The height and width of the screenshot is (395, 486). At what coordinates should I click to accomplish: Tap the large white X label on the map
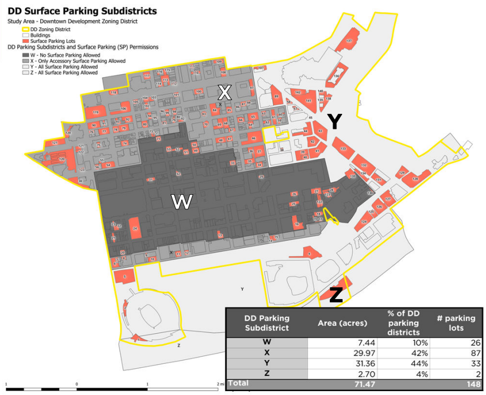click(224, 92)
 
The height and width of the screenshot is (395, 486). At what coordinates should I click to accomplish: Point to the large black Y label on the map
click(334, 121)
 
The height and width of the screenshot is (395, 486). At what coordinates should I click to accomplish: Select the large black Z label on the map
click(335, 295)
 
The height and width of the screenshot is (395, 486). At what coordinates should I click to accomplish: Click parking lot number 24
click(134, 228)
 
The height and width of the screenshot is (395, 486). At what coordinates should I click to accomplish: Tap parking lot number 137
click(349, 41)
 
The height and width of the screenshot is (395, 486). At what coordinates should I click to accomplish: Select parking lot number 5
click(124, 276)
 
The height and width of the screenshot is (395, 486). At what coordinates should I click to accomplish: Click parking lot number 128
click(415, 179)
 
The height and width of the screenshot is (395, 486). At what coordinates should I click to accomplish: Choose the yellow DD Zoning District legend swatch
click(26, 29)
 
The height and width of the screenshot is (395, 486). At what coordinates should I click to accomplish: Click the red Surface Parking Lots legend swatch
click(26, 41)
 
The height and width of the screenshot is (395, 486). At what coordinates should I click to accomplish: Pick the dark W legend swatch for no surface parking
click(26, 55)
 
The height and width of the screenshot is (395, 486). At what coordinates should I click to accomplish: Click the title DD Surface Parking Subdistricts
click(82, 11)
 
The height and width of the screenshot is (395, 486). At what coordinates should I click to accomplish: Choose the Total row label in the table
click(238, 384)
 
